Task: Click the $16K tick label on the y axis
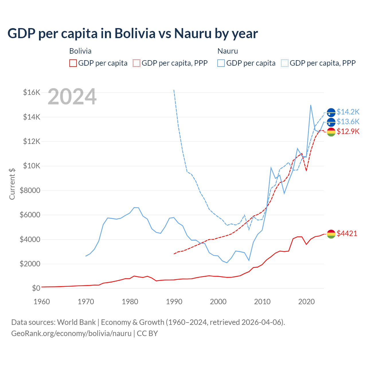32,92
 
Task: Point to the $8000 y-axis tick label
30,190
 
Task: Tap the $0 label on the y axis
36,288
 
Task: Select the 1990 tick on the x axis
174,302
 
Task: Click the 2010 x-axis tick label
262,302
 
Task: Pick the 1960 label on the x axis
42,302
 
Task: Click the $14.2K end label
348,112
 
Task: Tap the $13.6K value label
348,122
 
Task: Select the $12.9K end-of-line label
348,131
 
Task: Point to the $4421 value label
347,233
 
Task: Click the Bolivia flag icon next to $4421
331,234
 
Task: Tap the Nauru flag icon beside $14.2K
331,112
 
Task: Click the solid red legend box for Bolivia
73,63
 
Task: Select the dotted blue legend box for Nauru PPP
285,63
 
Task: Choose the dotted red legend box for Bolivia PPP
137,63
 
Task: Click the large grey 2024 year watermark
72,97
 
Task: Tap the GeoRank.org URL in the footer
71,333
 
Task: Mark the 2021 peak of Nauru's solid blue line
311,105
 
